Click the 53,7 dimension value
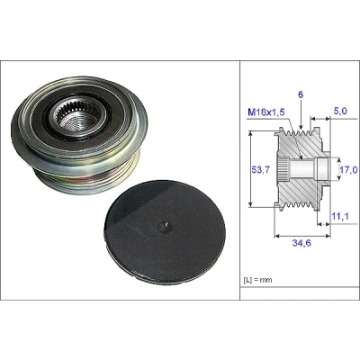tap(260, 170)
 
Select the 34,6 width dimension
tap(301, 243)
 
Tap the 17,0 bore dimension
tap(348, 170)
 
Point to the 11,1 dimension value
tap(340, 216)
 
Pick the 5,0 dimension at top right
tap(340, 111)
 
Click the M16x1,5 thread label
tap(266, 112)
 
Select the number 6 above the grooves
tap(301, 94)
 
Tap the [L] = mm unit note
tap(257, 280)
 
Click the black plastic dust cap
tap(164, 228)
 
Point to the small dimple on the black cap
tap(164, 227)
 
